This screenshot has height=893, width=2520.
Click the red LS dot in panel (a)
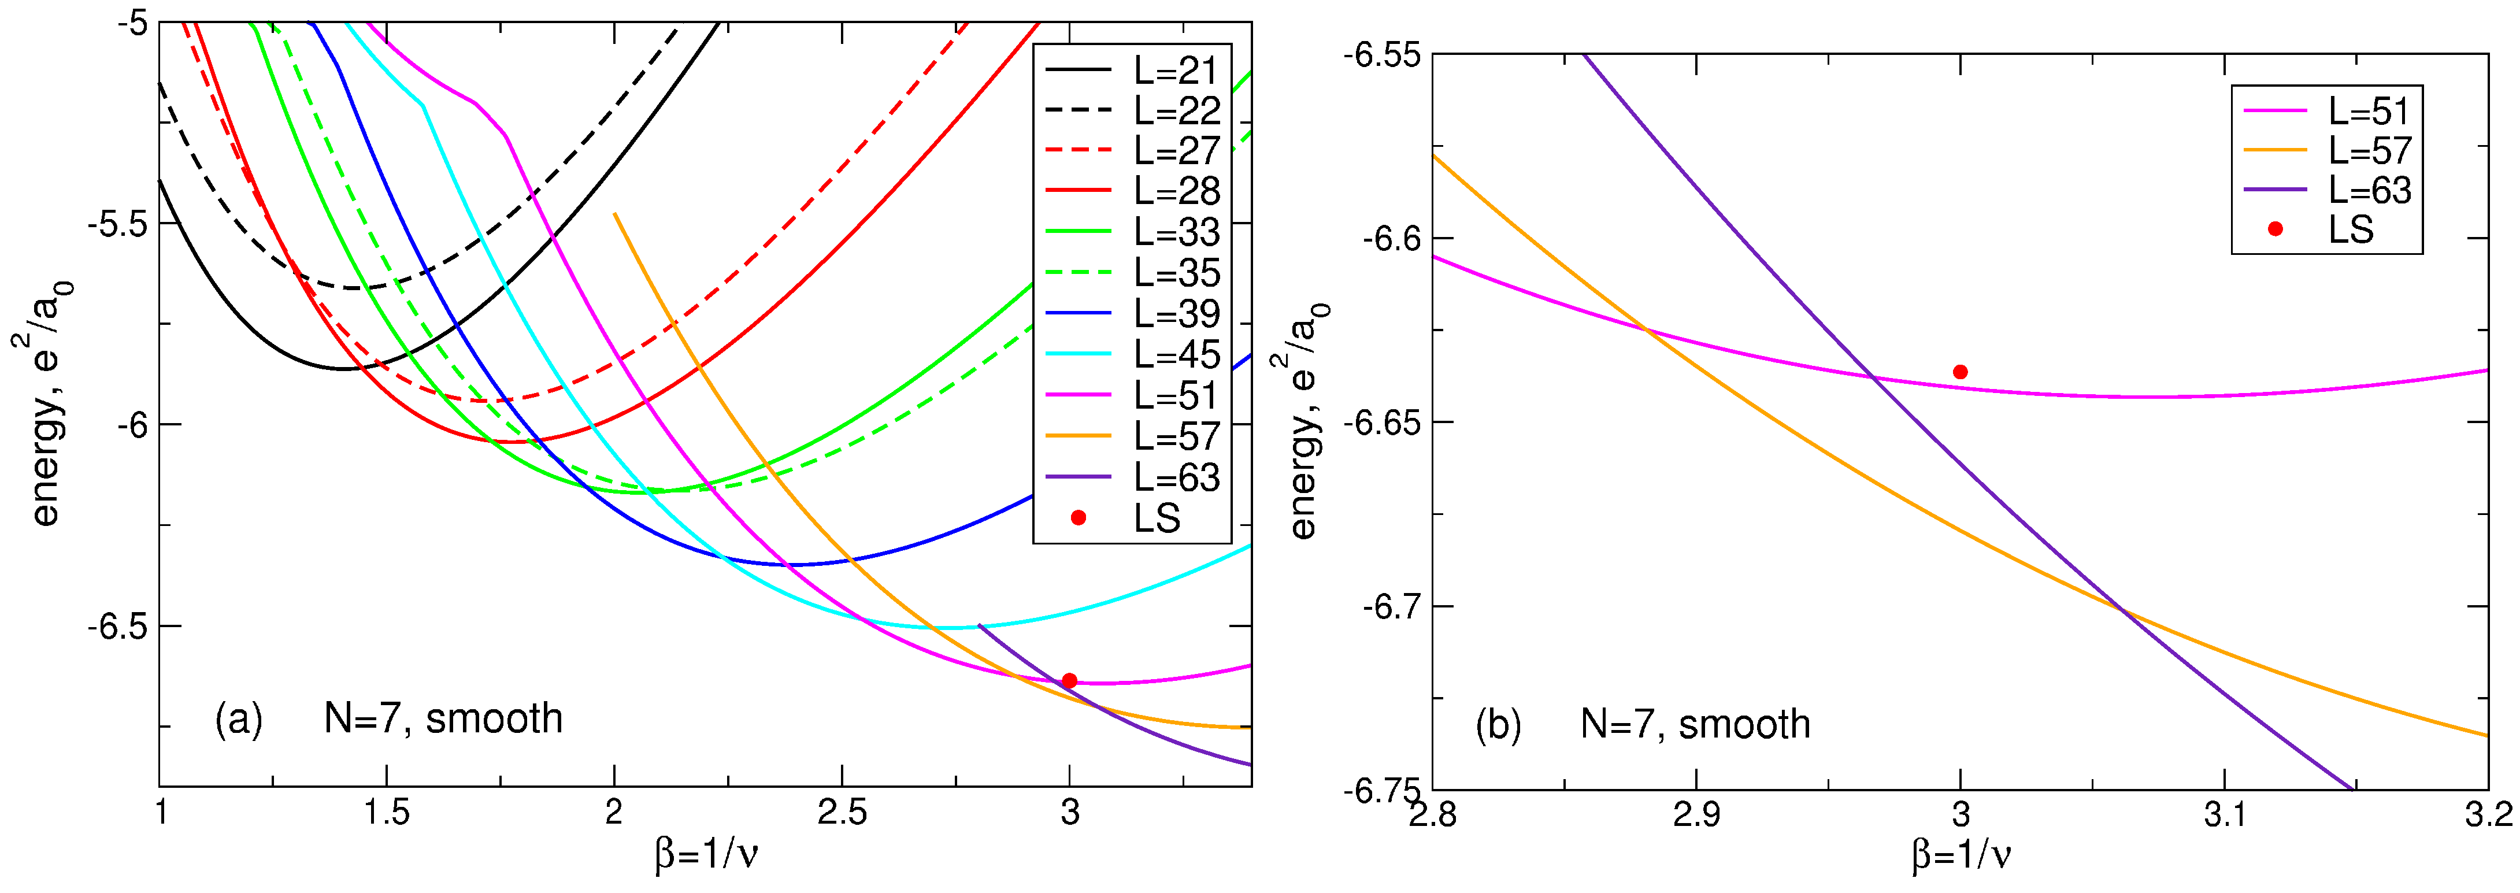[x=1069, y=681]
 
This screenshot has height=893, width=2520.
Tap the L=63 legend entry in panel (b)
[x=2324, y=190]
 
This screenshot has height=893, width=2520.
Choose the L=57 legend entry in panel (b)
[x=2324, y=151]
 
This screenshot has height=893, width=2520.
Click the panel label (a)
[x=239, y=719]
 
